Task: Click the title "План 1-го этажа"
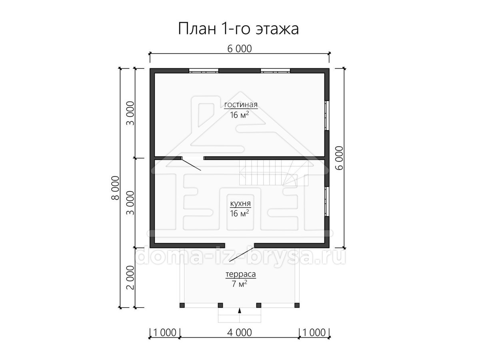pos(238,29)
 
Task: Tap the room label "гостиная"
pos(241,104)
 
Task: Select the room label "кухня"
pos(240,204)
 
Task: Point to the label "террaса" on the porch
pos(240,274)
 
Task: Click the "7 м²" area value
pos(240,284)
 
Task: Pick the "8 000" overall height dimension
pos(116,188)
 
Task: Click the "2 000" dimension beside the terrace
pos(130,278)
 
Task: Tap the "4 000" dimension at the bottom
pos(240,332)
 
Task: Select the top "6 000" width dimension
pos(240,49)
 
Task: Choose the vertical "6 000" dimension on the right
pos(339,158)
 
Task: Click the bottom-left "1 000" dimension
pos(165,332)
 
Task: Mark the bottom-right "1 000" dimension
pos(314,332)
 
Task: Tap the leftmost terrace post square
pos(182,305)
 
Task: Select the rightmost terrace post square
pos(297,305)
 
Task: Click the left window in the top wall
pos(204,71)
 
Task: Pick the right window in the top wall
pos(275,71)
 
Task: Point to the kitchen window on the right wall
pos(327,201)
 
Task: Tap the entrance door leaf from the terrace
pos(242,255)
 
